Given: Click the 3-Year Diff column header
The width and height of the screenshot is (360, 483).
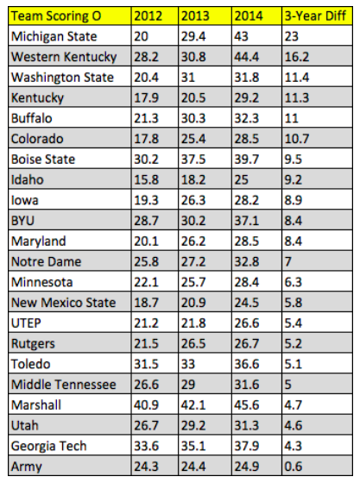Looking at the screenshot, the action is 315,16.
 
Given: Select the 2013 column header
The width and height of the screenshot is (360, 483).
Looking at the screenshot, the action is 195,16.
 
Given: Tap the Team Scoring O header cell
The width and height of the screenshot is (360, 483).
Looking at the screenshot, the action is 56,16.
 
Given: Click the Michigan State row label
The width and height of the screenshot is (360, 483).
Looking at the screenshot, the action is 54,36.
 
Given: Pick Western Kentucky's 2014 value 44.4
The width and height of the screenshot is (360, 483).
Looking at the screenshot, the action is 247,57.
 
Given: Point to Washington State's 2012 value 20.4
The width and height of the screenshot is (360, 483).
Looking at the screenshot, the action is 146,78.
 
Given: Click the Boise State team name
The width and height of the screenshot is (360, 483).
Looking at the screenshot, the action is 43,160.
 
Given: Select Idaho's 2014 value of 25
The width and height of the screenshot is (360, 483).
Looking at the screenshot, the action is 242,179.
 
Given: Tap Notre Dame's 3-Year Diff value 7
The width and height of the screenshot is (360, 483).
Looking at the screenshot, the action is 288,261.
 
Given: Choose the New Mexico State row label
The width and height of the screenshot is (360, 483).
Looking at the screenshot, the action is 64,303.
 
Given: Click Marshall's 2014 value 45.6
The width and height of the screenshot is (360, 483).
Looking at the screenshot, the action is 247,405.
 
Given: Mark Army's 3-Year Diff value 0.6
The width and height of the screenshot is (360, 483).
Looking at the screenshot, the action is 294,467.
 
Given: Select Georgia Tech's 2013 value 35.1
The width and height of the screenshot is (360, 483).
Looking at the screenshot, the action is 193,446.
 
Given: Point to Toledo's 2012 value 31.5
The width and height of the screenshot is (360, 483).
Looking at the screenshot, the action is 146,364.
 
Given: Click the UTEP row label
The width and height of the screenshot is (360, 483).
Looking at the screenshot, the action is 26,323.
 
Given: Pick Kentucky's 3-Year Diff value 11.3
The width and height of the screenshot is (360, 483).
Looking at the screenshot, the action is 297,98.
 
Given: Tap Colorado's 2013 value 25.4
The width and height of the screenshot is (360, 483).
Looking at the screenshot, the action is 193,139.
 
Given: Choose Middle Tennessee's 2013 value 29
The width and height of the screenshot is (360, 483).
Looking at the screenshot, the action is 188,385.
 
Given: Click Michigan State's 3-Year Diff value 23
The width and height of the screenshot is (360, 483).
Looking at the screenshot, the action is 292,36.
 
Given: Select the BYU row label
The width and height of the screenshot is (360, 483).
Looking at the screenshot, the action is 22,221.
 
